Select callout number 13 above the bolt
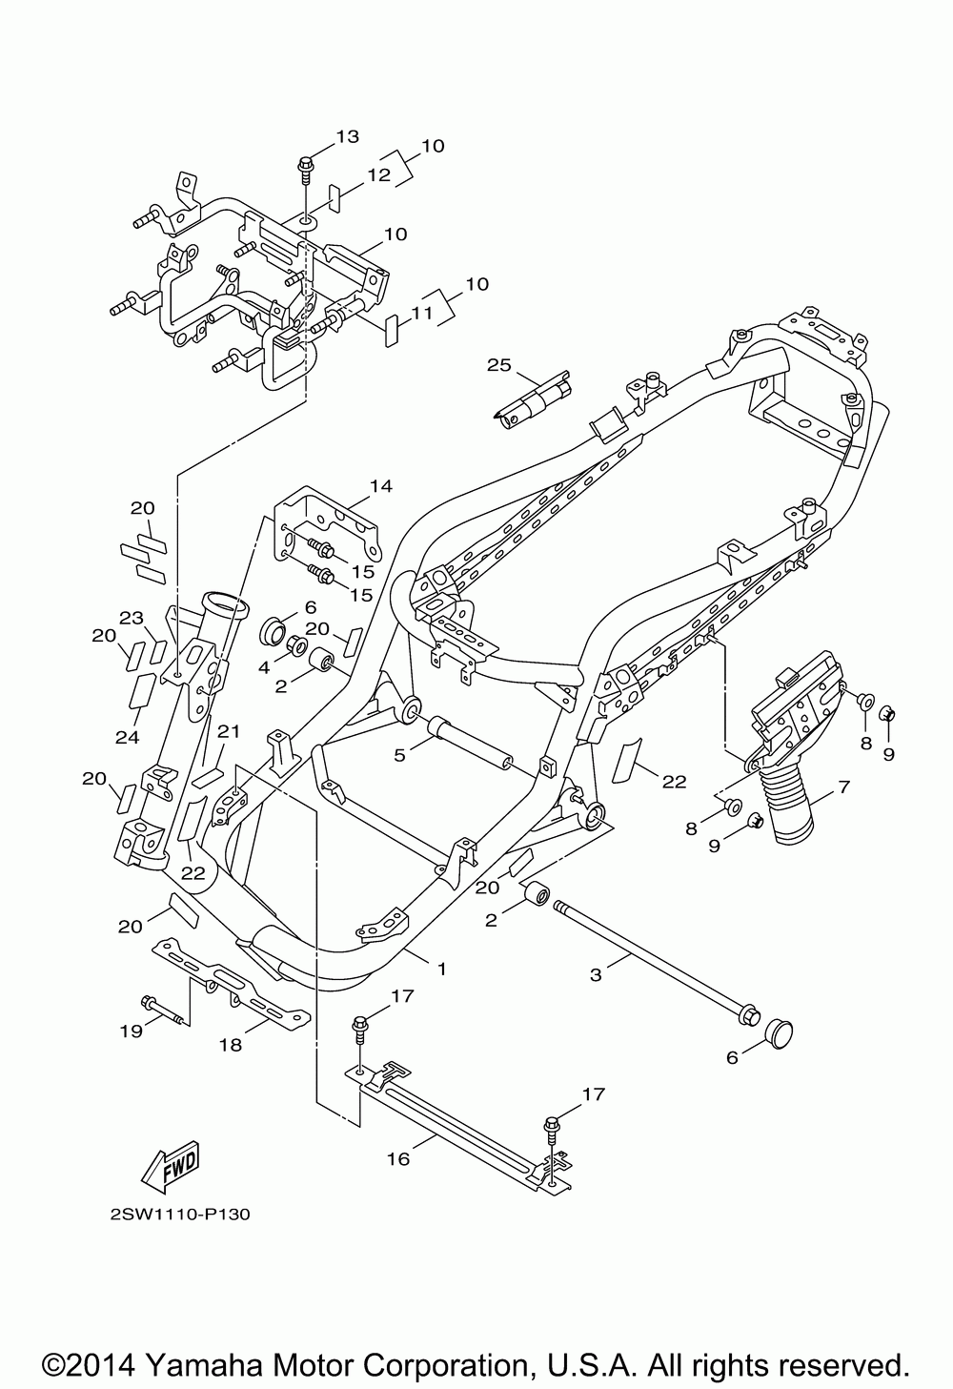[x=348, y=135]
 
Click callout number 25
[x=499, y=364]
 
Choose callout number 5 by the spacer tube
[x=399, y=755]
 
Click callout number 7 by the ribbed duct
[x=843, y=787]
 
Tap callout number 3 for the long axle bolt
[x=596, y=975]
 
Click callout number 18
[x=231, y=1045]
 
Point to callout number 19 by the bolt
[x=132, y=1031]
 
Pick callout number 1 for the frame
[x=442, y=968]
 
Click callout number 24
[x=127, y=737]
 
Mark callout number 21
[x=228, y=732]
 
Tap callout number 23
[x=132, y=618]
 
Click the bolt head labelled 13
[x=304, y=165]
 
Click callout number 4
[x=264, y=668]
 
